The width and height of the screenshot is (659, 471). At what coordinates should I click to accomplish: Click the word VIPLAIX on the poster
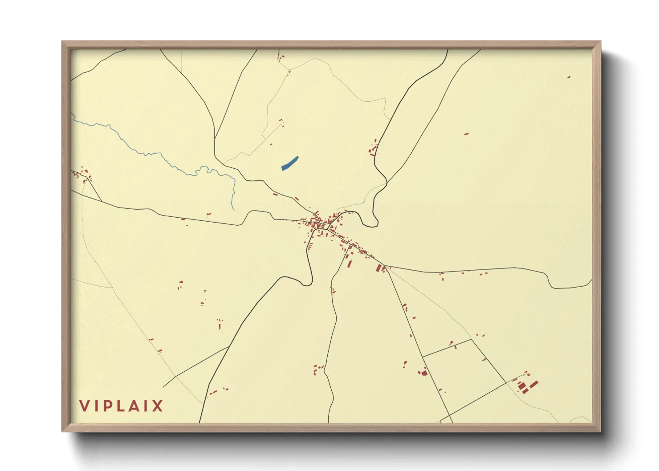(x=121, y=406)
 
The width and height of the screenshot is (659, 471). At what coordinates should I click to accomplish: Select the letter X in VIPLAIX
(x=158, y=406)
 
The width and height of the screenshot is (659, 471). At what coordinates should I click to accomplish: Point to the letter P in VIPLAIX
(x=109, y=406)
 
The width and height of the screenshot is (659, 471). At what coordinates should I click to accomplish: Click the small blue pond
(x=289, y=163)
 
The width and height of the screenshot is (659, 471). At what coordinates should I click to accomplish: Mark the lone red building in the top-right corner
(x=569, y=77)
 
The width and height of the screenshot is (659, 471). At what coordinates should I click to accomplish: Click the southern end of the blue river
(x=233, y=209)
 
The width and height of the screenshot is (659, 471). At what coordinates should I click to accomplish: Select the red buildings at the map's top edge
(x=281, y=57)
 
